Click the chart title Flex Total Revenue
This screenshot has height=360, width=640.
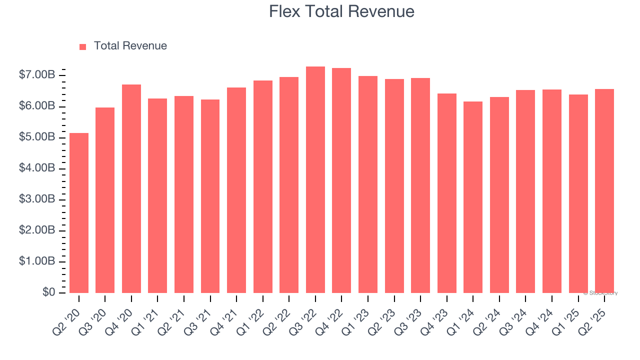(x=341, y=11)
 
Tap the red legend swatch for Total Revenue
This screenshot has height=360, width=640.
(x=83, y=46)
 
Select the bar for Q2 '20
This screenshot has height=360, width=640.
(x=79, y=212)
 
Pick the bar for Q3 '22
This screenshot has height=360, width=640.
(x=315, y=179)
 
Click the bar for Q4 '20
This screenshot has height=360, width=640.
(x=131, y=188)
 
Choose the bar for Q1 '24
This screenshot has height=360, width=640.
(x=473, y=197)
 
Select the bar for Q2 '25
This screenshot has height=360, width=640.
(x=604, y=190)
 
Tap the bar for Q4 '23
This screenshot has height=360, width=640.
(x=447, y=193)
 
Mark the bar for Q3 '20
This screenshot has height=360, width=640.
(x=105, y=200)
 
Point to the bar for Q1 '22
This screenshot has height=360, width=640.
(x=263, y=186)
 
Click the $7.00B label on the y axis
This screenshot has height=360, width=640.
(x=37, y=75)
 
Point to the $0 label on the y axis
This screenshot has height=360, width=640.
(x=49, y=292)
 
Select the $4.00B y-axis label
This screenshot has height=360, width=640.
(x=37, y=168)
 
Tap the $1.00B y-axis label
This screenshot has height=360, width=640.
(x=37, y=261)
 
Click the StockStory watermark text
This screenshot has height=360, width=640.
(x=600, y=293)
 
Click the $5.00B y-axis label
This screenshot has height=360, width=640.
(x=37, y=137)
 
